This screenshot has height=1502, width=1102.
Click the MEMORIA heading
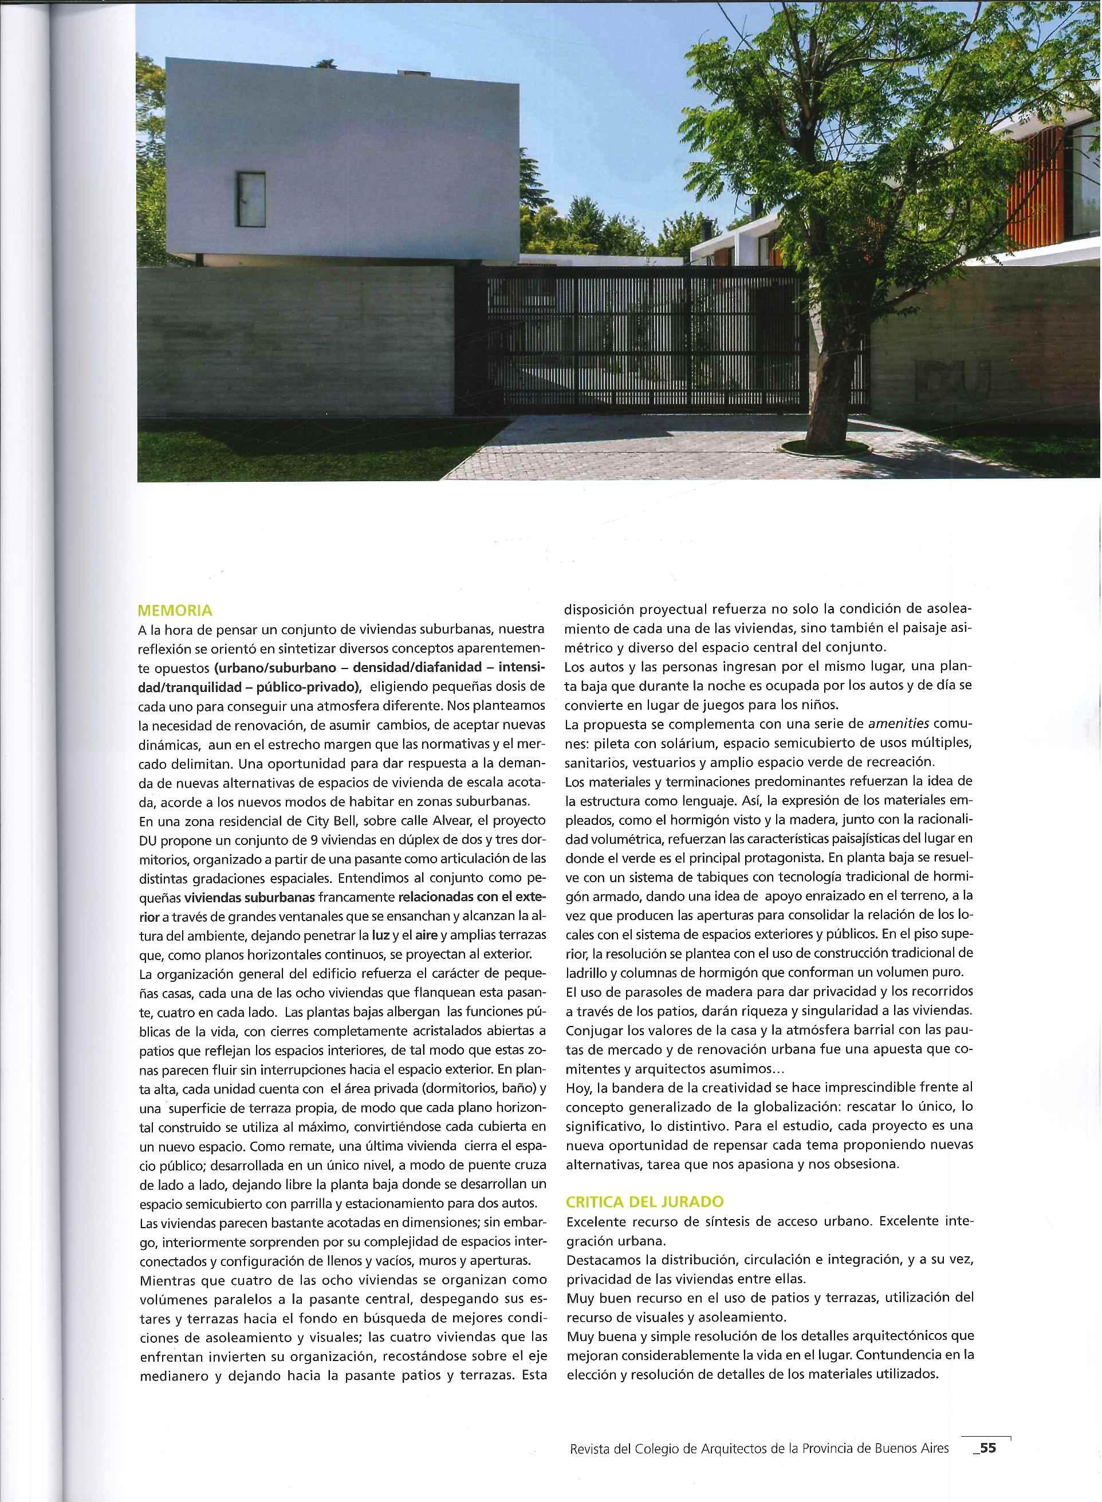(x=174, y=610)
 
